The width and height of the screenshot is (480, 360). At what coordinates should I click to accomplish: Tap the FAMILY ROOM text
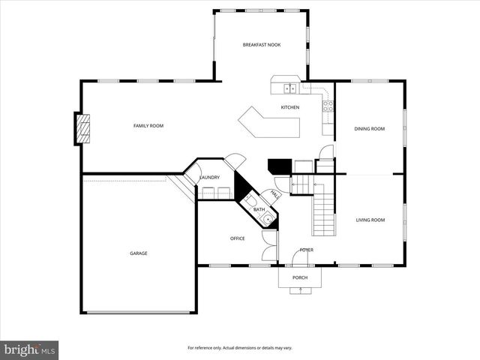(x=148, y=125)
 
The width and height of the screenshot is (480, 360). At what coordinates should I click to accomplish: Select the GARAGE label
(x=138, y=253)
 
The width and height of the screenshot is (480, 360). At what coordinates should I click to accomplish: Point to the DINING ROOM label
(x=370, y=129)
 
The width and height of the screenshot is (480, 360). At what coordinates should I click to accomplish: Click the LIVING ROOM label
(x=370, y=220)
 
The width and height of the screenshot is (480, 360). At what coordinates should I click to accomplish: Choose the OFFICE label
(x=237, y=238)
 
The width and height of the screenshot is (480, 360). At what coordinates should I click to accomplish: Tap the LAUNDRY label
(x=209, y=178)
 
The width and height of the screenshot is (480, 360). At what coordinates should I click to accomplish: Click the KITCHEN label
(x=290, y=107)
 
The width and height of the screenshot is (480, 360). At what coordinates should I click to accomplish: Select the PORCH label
(x=300, y=277)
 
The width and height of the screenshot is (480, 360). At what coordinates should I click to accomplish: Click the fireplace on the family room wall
(x=82, y=129)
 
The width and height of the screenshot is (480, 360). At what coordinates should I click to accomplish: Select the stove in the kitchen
(x=328, y=106)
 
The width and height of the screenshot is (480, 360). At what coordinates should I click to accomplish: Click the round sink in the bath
(x=267, y=219)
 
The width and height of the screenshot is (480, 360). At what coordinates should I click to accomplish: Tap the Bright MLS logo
(x=30, y=349)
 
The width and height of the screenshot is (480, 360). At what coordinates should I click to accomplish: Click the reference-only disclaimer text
(x=240, y=348)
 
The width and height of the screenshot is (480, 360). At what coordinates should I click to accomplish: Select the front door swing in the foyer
(x=299, y=256)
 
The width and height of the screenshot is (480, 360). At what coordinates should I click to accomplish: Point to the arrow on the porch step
(x=300, y=291)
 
